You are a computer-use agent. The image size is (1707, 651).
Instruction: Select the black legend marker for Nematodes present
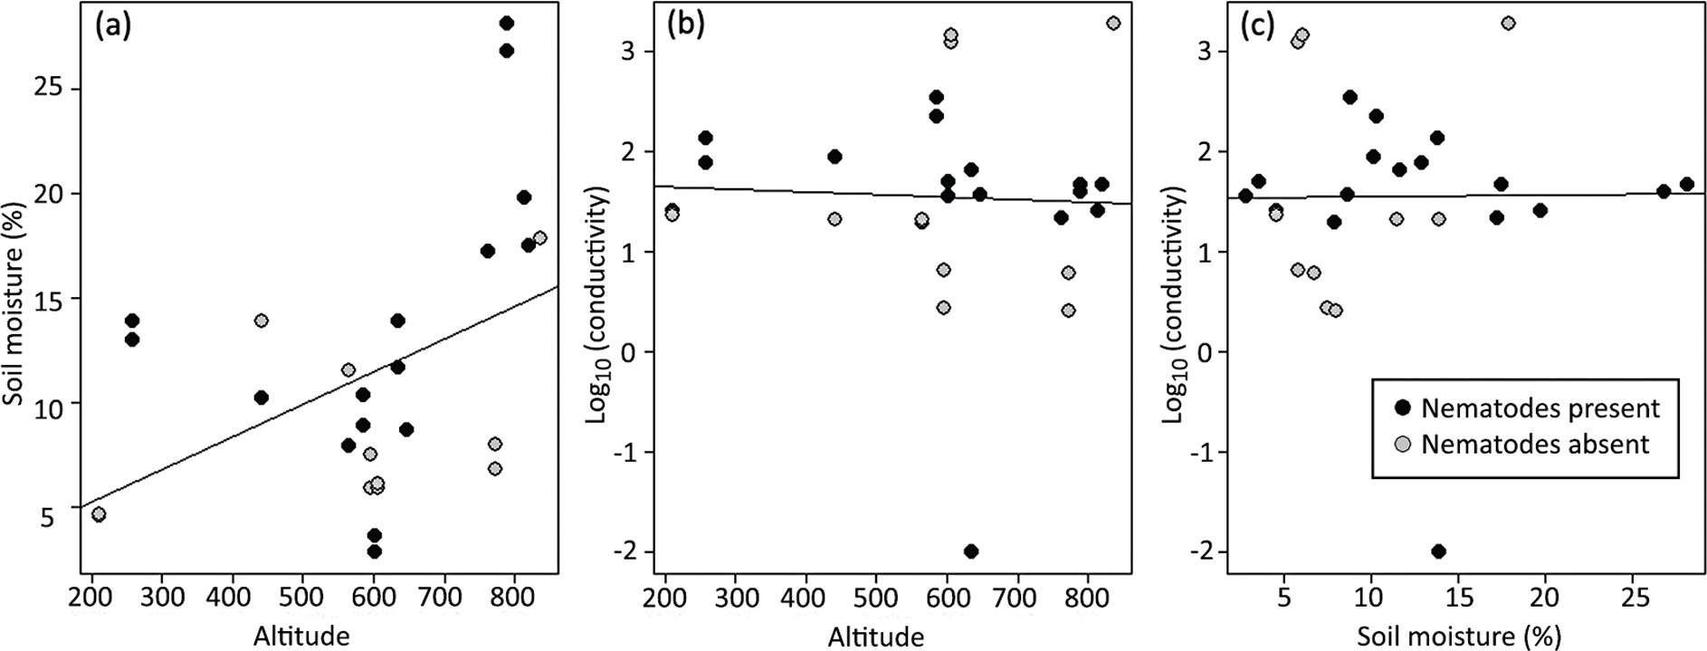1403,408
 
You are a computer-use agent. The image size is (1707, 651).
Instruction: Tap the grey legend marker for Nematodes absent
1403,445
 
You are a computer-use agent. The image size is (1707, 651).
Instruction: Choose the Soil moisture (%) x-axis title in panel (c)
1459,636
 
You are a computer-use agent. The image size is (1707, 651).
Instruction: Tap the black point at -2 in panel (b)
971,551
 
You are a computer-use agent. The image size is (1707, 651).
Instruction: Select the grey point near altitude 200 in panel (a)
99,514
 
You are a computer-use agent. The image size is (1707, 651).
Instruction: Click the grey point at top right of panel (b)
1113,24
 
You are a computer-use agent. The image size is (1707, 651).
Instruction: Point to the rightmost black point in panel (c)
1686,185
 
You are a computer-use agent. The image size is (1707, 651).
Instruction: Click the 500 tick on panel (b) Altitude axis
876,598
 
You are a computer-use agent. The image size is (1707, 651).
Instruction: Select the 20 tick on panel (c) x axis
1545,598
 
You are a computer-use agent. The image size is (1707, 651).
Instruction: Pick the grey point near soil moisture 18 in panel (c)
1508,24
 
